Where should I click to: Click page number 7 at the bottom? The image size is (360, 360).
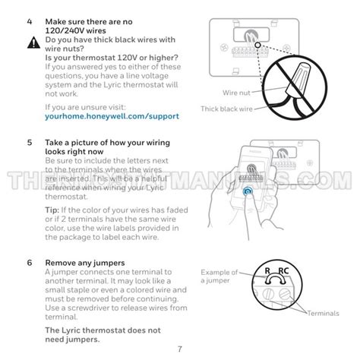pos(180,348)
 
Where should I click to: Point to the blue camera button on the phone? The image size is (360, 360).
pos(248,193)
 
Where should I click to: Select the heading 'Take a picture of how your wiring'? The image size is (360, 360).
pos(107,142)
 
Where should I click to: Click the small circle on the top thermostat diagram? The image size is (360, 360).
pos(258,44)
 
